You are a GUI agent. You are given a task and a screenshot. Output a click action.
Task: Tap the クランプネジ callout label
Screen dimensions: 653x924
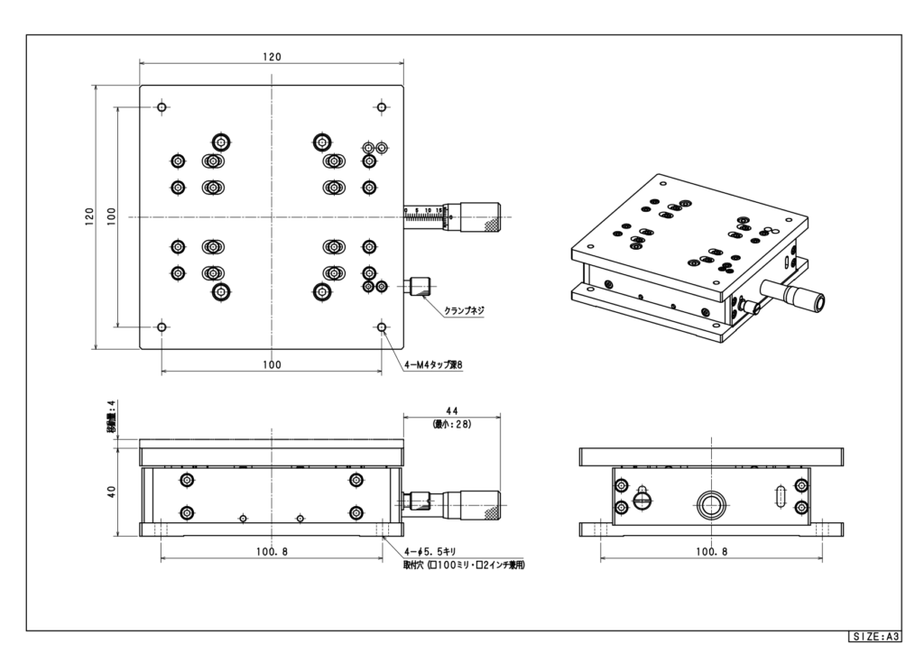(464, 310)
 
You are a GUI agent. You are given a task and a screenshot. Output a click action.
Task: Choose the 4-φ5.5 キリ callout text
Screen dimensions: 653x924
(432, 551)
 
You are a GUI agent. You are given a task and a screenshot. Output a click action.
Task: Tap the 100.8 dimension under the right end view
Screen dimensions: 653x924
(712, 551)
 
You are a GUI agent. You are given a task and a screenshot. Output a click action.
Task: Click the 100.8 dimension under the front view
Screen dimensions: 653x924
(272, 551)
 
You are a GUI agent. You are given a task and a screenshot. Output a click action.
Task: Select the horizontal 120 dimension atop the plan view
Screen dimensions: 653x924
(272, 57)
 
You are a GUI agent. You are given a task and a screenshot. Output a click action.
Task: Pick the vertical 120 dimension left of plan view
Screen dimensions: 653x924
(89, 216)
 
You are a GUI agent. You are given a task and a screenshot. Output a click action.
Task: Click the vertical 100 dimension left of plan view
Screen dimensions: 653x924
(111, 216)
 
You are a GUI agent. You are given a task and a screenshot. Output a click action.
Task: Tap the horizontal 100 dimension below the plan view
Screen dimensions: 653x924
(272, 364)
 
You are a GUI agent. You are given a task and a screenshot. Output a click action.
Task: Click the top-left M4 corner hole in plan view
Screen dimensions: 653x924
(162, 107)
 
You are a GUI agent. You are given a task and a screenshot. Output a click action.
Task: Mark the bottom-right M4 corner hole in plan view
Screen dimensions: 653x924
(382, 326)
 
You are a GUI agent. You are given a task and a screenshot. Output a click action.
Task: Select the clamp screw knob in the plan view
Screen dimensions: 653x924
(420, 288)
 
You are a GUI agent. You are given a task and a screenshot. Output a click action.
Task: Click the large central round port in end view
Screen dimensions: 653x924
(712, 502)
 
